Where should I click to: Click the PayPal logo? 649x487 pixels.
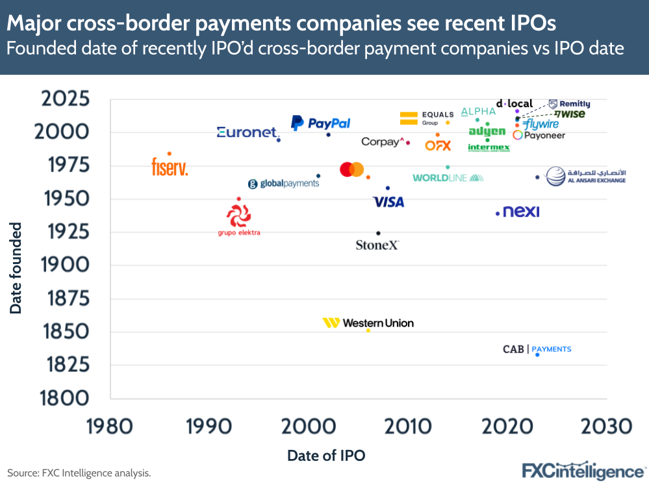tap(320, 123)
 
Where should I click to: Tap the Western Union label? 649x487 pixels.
tap(368, 322)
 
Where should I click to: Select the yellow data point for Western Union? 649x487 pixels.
tap(368, 330)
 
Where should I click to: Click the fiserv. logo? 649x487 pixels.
tap(170, 168)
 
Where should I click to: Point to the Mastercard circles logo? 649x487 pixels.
tap(351, 169)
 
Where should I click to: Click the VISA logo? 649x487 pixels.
tap(388, 202)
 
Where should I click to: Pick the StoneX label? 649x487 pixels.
tap(377, 245)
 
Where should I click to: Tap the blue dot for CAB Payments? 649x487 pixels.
tap(537, 354)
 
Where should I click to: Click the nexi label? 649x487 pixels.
tap(521, 212)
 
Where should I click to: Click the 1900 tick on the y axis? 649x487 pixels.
tap(67, 265)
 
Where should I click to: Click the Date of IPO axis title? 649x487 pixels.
tap(326, 456)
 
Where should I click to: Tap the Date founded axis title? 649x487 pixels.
tap(16, 268)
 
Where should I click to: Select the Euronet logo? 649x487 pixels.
tap(248, 133)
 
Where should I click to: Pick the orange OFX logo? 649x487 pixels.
tap(438, 146)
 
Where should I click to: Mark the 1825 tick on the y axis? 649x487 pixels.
tap(67, 365)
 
